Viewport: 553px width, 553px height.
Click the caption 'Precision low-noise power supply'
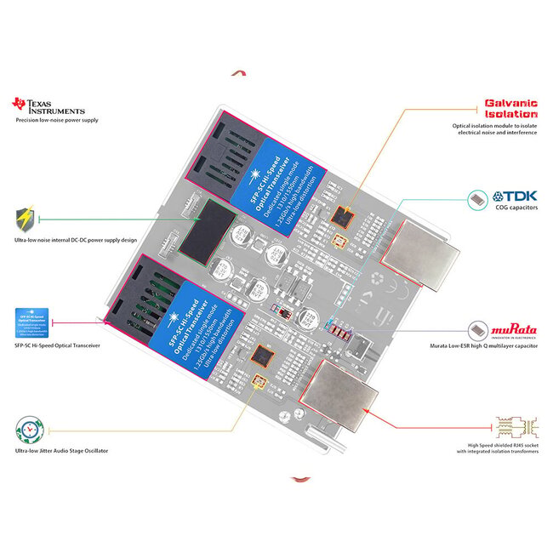pyautogui.click(x=57, y=121)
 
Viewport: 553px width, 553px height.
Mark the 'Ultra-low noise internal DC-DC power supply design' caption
pyautogui.click(x=75, y=240)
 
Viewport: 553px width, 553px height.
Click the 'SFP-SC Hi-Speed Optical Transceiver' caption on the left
pyautogui.click(x=58, y=346)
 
